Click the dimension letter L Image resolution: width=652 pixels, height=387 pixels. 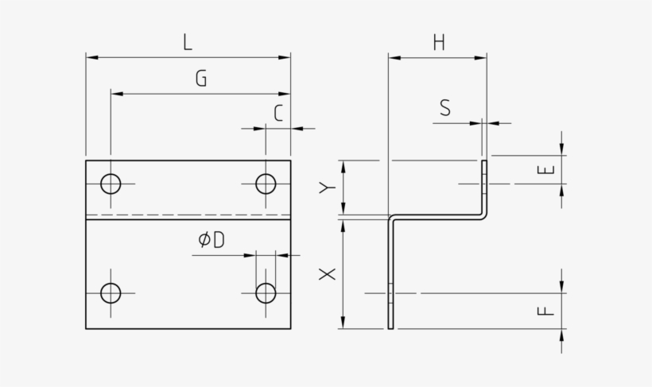[188, 42]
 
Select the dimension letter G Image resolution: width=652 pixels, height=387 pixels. [200, 78]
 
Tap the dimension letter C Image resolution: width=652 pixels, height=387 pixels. [277, 114]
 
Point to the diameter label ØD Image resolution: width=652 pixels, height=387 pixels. [212, 240]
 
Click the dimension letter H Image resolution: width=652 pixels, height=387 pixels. [438, 43]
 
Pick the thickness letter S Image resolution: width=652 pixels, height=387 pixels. [444, 108]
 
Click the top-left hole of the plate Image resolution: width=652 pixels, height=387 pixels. [111, 184]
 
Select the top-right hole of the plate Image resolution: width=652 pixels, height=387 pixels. [266, 184]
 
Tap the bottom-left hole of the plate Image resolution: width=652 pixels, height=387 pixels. [111, 293]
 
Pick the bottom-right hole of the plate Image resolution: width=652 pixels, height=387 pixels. [266, 293]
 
